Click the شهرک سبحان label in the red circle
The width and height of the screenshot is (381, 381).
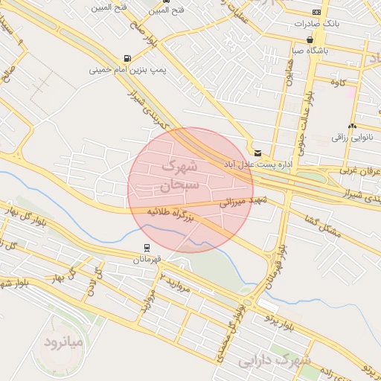pyautogui.click(x=180, y=173)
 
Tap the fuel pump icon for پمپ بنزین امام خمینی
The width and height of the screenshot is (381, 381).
pyautogui.click(x=129, y=58)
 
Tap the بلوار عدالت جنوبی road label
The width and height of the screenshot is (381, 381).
pyautogui.click(x=304, y=112)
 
